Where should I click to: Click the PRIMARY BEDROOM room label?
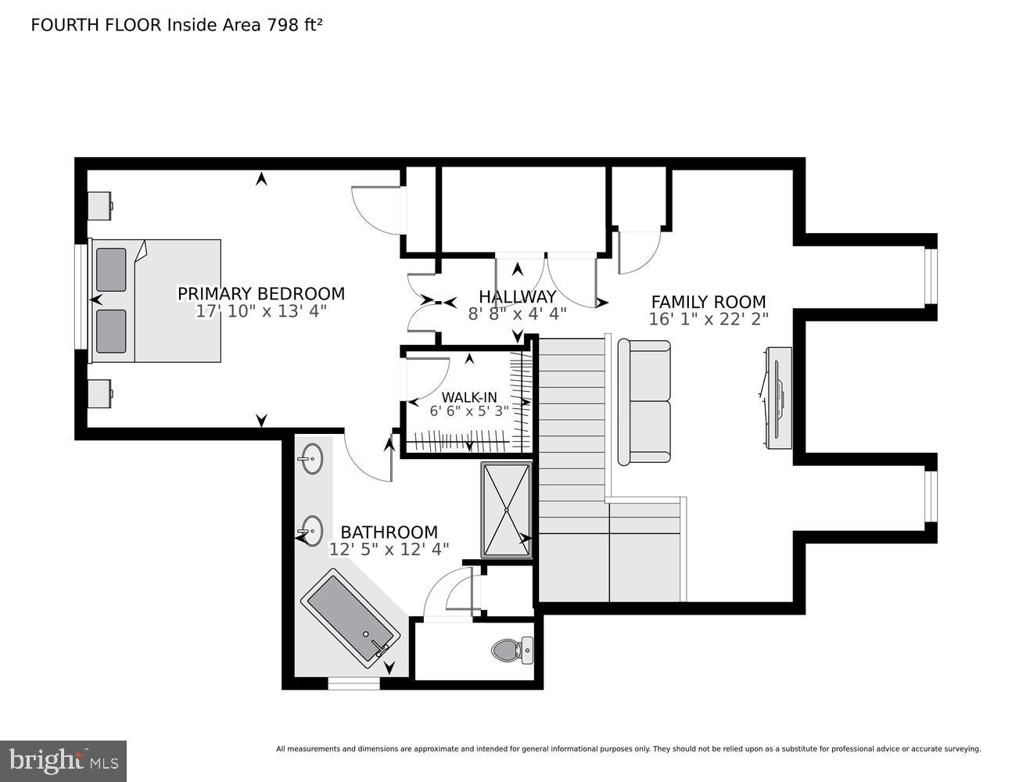point(260,293)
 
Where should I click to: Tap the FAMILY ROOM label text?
point(708,302)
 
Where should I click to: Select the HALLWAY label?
point(517,296)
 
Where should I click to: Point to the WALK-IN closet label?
point(468,397)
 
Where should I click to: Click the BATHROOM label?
point(389,533)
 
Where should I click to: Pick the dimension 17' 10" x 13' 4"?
point(260,311)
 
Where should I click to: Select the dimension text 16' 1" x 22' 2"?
point(708,319)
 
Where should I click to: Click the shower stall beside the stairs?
point(506,510)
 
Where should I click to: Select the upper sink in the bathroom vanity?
point(311,459)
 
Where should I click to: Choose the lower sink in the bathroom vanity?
point(310,531)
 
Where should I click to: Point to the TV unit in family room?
point(778,398)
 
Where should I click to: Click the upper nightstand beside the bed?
point(99,206)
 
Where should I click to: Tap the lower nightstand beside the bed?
point(99,394)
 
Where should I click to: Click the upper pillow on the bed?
point(111,270)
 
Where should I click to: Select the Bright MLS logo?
point(63,760)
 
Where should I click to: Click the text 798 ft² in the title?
point(295,25)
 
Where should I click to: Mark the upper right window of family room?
point(929,276)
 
